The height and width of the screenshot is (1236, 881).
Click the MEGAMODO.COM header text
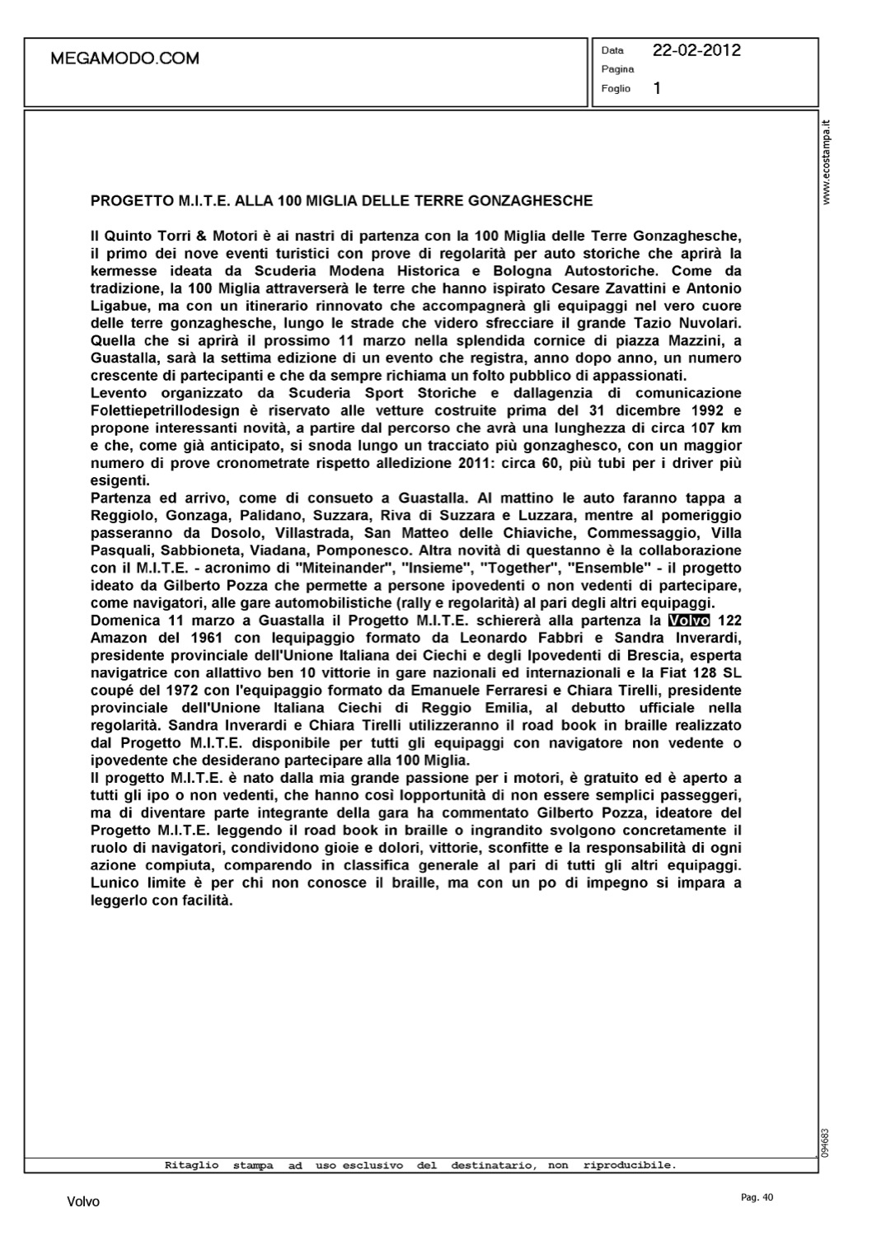click(124, 59)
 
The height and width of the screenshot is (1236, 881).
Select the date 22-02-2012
click(696, 50)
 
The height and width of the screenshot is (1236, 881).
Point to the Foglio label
click(616, 88)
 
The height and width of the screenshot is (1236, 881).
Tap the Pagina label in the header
click(617, 69)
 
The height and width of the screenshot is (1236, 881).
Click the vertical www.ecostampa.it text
click(828, 163)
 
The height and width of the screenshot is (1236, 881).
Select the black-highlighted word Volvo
click(688, 620)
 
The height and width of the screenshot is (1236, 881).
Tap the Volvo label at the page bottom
click(83, 1202)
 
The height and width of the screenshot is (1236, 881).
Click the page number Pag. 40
click(757, 1197)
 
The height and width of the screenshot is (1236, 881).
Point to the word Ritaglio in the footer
click(192, 1165)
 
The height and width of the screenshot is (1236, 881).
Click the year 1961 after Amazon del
click(210, 638)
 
